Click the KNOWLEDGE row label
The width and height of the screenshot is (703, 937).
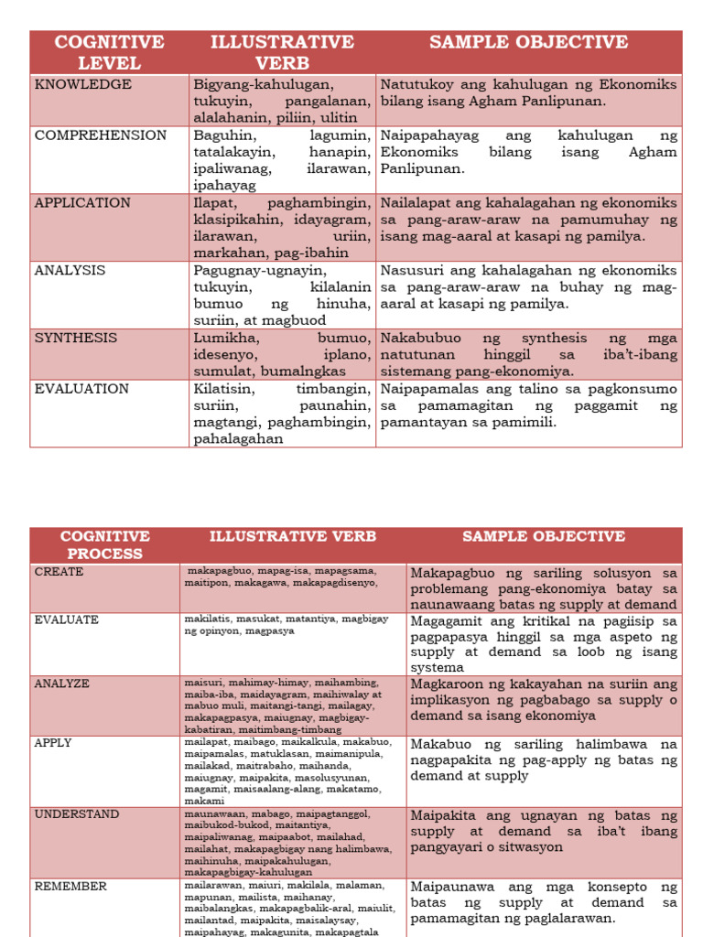pos(83,85)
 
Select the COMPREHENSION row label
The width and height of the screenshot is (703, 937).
pos(101,135)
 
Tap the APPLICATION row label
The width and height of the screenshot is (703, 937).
pos(82,203)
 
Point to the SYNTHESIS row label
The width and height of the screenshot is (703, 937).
pos(76,338)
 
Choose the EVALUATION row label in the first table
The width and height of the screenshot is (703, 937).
pos(81,389)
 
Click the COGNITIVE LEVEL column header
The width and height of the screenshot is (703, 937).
pos(109,52)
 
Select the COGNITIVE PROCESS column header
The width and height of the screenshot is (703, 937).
pos(104,544)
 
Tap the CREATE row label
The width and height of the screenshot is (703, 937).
pos(59,572)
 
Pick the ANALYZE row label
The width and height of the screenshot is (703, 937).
pos(62,684)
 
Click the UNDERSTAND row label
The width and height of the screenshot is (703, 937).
pos(77,814)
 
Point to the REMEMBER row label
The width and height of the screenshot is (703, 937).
pos(70,886)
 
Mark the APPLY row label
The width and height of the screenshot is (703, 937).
pos(53,743)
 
